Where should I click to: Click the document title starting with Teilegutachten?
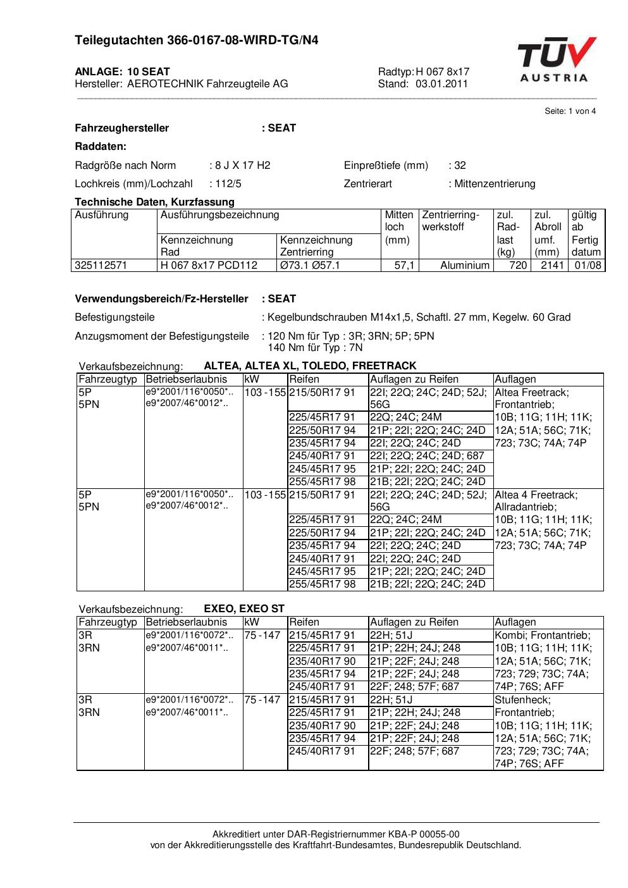coord(196,40)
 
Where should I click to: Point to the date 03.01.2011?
coord(441,83)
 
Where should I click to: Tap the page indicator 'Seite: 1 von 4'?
coord(570,111)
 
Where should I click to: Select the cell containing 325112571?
coord(101,266)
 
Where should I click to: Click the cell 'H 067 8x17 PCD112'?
coord(209,266)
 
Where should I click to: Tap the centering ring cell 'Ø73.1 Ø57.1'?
coord(310,266)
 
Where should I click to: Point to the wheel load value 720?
coord(518,266)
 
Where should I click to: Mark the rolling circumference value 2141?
coord(552,266)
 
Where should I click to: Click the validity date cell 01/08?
coord(588,266)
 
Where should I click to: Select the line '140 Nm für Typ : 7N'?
coord(315,348)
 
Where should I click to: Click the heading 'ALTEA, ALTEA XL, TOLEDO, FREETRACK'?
coord(310,366)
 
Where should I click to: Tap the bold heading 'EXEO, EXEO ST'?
coord(244,608)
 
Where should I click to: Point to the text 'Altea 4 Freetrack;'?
coord(536,495)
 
